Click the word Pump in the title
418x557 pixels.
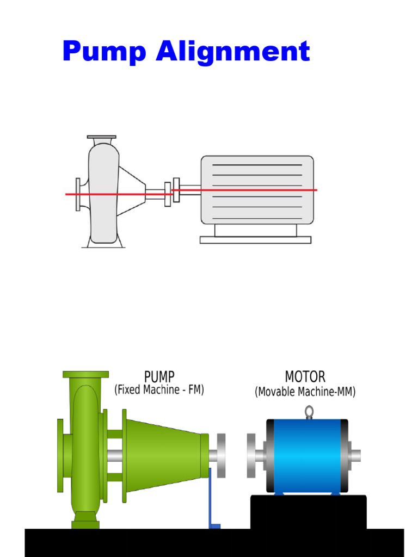coord(104,53)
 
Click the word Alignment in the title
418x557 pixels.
coord(232,53)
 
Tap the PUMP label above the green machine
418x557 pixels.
coord(159,377)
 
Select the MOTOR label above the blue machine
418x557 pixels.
coord(305,377)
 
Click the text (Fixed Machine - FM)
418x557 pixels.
coord(159,391)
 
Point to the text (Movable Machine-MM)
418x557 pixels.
coord(305,392)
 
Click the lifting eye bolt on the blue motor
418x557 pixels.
coord(309,412)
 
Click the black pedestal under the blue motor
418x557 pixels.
coord(308,511)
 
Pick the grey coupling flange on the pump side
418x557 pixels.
coord(221,455)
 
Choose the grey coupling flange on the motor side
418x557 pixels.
coord(251,455)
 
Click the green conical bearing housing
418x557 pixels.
coord(163,454)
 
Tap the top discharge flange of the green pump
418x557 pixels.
coord(85,374)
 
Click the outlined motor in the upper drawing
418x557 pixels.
coord(257,190)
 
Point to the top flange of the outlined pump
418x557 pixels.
coord(101,137)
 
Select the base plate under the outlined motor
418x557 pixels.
coord(255,240)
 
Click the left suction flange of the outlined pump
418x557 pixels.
coord(78,194)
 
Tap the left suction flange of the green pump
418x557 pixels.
coord(60,455)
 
